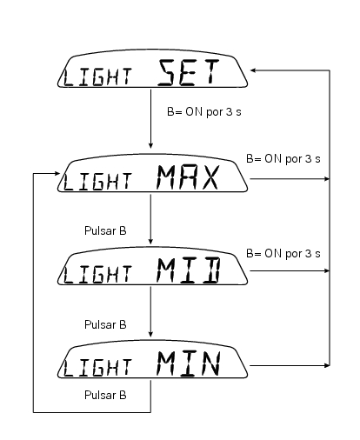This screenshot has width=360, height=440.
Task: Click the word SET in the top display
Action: click(188, 72)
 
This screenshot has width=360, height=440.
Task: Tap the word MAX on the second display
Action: click(188, 177)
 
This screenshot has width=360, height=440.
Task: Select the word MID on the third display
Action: click(189, 270)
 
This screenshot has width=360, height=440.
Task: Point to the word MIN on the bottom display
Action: click(189, 363)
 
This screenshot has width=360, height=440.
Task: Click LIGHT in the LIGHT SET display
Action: click(97, 77)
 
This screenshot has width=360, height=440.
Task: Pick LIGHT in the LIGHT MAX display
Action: click(97, 182)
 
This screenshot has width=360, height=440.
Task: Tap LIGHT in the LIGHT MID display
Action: click(97, 275)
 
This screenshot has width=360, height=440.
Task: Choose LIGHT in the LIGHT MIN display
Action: click(97, 368)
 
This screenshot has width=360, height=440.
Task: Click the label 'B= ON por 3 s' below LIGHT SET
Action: click(204, 112)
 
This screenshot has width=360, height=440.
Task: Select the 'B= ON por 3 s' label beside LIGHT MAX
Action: click(283, 159)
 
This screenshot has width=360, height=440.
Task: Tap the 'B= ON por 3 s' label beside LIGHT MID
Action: click(283, 254)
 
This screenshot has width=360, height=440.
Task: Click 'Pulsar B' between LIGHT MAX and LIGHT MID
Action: click(105, 231)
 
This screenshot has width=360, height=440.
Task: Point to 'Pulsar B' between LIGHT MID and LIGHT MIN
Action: click(105, 325)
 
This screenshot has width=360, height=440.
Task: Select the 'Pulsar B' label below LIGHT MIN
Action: click(105, 396)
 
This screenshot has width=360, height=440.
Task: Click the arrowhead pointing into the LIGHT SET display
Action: click(253, 70)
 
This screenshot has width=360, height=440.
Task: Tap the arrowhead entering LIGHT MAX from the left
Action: click(57, 173)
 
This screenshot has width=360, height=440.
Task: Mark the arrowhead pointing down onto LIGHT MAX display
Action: click(150, 145)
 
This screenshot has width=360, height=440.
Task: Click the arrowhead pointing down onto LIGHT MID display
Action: click(150, 241)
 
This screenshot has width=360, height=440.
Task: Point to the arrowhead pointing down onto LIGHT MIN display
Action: click(150, 334)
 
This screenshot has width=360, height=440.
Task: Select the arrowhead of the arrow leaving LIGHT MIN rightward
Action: click(327, 365)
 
